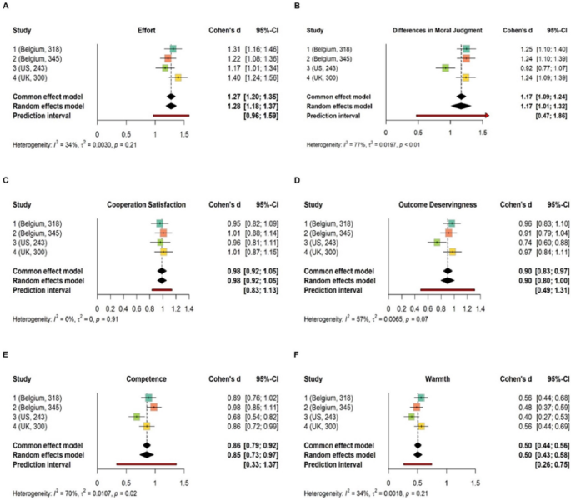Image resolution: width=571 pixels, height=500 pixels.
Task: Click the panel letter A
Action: [x=8, y=7]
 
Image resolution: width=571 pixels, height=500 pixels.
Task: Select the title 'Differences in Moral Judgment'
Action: [x=448, y=30]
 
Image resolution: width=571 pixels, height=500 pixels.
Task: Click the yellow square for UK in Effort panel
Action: [x=178, y=77]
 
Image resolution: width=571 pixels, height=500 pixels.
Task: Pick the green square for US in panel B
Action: [x=446, y=68]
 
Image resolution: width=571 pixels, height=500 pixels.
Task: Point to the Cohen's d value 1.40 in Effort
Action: [x=234, y=77]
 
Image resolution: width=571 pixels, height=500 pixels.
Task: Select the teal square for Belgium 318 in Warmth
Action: [x=422, y=398]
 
